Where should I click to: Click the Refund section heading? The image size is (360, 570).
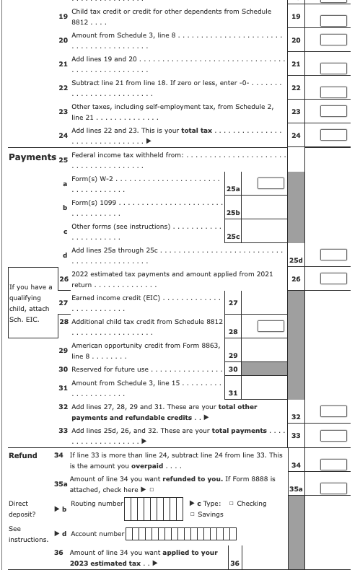pyautogui.click(x=22, y=456)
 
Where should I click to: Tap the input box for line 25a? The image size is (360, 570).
pyautogui.click(x=271, y=183)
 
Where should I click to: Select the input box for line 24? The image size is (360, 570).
pyautogui.click(x=334, y=135)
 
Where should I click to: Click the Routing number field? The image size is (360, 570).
pyautogui.click(x=154, y=509)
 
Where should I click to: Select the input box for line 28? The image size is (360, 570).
pyautogui.click(x=271, y=325)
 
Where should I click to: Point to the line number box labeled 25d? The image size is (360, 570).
pyautogui.click(x=295, y=260)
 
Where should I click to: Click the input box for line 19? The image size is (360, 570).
pyautogui.click(x=334, y=18)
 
